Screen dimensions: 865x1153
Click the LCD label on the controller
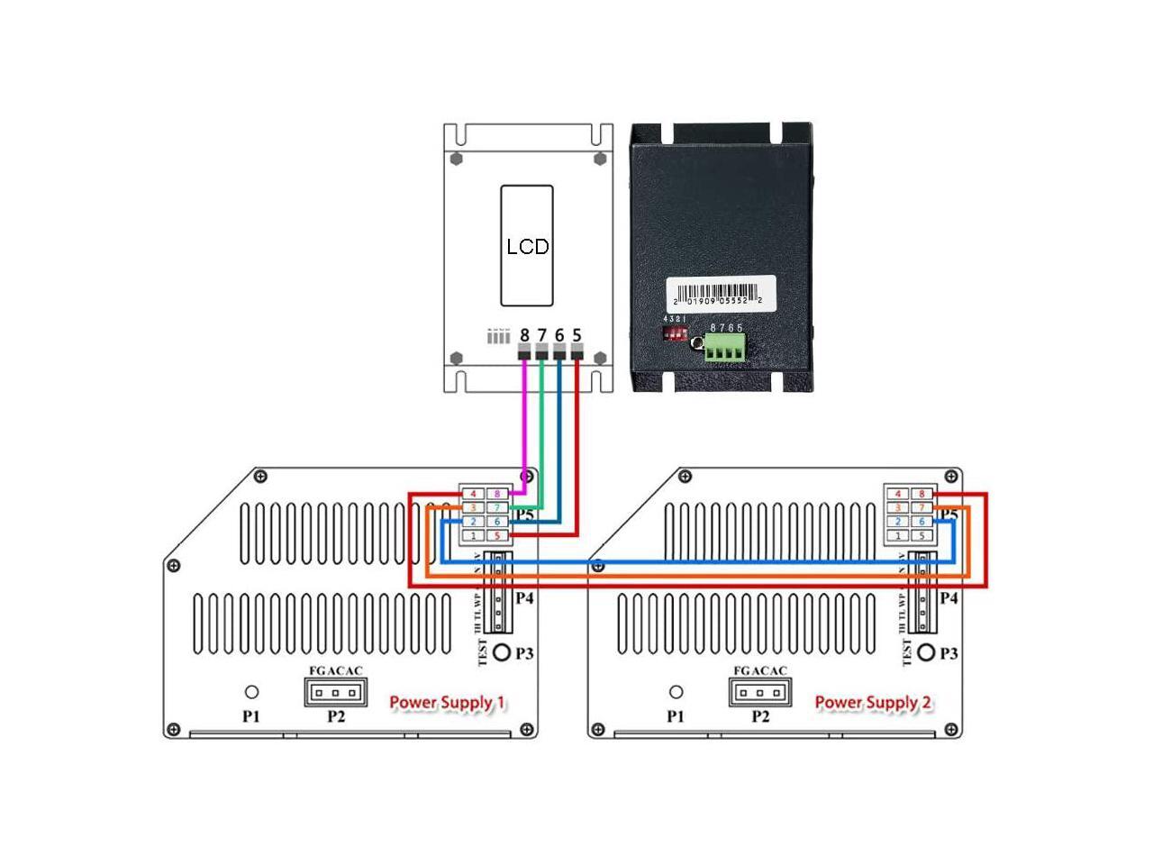coord(527,246)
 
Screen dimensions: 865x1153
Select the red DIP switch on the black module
coord(675,333)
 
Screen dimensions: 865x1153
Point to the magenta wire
coord(524,423)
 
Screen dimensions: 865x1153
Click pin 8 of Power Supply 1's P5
coord(497,494)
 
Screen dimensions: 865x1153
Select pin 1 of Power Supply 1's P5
coord(473,536)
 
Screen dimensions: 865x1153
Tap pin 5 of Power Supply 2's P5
coord(921,536)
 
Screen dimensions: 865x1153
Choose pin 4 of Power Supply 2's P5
coord(897,494)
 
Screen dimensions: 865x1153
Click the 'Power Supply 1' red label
coord(447,702)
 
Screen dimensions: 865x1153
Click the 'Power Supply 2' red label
coord(873,702)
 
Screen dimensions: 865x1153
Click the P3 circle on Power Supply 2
coord(925,652)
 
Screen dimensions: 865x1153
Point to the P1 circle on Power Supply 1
coord(252,692)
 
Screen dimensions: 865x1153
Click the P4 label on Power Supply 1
coord(525,597)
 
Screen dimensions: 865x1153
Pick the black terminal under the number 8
coord(524,352)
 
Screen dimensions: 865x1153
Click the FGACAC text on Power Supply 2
coord(760,670)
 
